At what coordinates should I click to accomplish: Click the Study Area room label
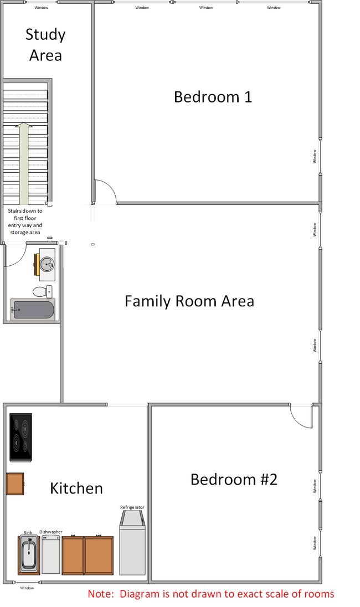click(x=45, y=45)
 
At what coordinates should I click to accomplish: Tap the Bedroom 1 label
click(x=213, y=97)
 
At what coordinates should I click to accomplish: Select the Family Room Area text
click(x=189, y=301)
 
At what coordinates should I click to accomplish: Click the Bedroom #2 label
click(x=233, y=479)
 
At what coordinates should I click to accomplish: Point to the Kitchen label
click(x=76, y=488)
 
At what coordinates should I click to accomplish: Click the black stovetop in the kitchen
click(x=20, y=437)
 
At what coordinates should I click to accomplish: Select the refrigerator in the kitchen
click(x=132, y=542)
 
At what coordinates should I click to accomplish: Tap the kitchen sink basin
click(x=29, y=554)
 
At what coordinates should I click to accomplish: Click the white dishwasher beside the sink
click(x=51, y=554)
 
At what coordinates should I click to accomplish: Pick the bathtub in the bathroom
click(x=33, y=310)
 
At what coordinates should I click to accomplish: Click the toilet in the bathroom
click(x=42, y=291)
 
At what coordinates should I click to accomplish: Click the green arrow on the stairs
click(x=24, y=163)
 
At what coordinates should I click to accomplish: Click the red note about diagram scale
click(x=211, y=594)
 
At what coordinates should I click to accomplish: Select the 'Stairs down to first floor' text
click(x=25, y=222)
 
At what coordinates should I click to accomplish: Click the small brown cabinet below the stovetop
click(x=15, y=483)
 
